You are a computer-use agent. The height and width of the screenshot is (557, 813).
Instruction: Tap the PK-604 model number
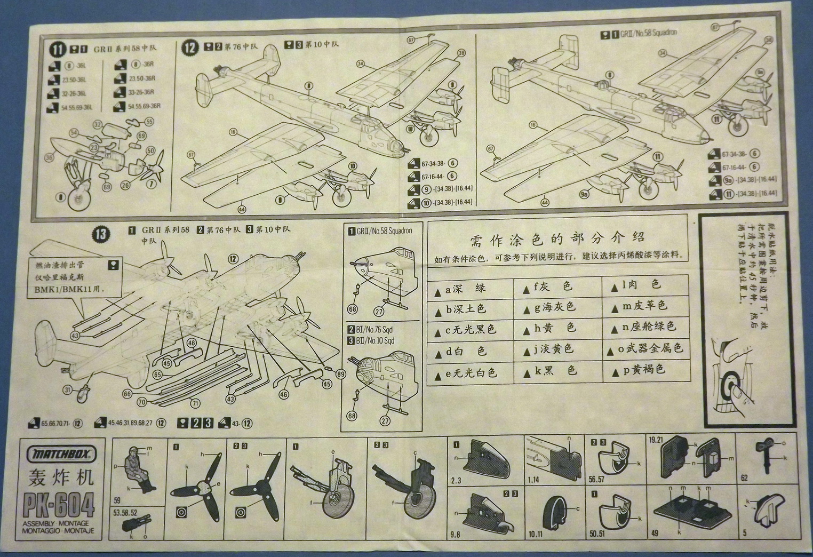point(59,503)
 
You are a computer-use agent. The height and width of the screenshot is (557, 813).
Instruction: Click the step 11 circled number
point(58,50)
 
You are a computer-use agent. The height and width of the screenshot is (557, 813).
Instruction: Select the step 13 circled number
point(101,233)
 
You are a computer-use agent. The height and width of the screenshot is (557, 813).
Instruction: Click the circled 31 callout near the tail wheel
point(67,390)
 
